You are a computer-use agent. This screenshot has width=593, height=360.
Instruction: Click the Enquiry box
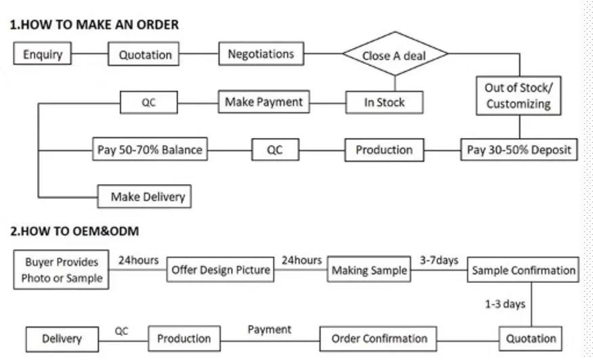pos(43,54)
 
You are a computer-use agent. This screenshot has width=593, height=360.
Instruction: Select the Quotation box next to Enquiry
pos(145,55)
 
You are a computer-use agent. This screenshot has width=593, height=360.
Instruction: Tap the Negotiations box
pos(261,53)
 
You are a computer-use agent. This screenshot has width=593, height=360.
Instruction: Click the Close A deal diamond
pos(395,55)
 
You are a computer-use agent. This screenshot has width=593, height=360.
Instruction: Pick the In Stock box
pos(384,102)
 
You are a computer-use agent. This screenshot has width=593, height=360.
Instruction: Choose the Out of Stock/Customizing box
pos(519,95)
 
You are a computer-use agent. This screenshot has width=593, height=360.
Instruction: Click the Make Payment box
pos(263,102)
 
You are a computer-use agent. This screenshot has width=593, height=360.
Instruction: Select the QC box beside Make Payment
pos(149,103)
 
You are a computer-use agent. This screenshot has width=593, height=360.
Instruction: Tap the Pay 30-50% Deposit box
pos(519,150)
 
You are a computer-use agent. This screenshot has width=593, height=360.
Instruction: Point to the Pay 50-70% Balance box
pos(150,150)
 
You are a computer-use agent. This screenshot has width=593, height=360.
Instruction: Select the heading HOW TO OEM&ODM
pos(74,231)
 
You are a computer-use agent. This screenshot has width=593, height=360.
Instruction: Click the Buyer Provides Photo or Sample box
pos(62,269)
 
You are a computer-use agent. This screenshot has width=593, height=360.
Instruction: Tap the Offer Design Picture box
pos(221,270)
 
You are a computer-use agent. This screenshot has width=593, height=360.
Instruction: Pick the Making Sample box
pos(369,270)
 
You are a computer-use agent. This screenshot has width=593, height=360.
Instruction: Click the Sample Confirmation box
pos(523,270)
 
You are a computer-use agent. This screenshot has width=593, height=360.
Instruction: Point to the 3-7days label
pos(439,260)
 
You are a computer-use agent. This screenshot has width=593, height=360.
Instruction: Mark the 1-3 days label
pos(505,304)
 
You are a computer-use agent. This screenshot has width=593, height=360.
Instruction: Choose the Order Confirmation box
pos(379,338)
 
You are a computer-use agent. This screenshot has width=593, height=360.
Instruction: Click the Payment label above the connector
pos(269,329)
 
